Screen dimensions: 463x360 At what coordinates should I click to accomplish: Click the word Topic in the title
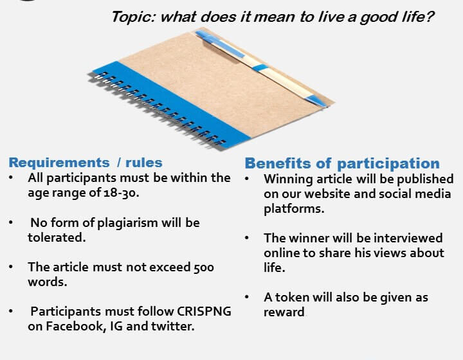coord(134,17)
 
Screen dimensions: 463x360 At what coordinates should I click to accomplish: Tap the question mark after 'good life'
coord(430,17)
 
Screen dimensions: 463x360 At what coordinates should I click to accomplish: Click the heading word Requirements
coord(59,163)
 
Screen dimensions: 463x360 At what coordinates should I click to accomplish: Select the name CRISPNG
coord(204,311)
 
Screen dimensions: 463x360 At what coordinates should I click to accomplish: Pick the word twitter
coord(173,327)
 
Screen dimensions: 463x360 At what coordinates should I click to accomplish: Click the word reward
coord(284,312)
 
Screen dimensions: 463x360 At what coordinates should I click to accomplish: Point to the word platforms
coord(294,209)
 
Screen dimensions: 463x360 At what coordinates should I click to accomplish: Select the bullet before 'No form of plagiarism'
coord(11,222)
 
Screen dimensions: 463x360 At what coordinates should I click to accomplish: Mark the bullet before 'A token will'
coord(247,296)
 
